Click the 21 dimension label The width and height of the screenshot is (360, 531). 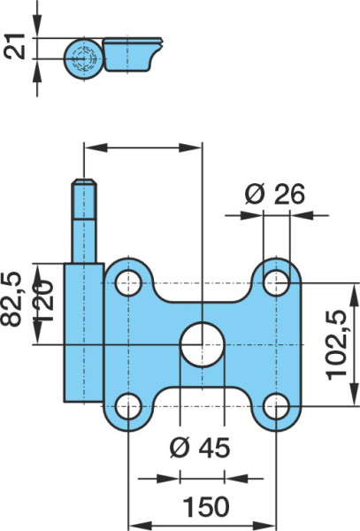click(16, 46)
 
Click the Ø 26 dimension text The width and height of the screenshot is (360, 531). click(275, 194)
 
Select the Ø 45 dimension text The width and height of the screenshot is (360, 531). click(200, 447)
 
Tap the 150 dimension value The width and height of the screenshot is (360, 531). click(206, 507)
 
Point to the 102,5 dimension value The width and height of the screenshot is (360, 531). click(336, 345)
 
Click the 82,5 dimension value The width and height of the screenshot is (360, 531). click(11, 299)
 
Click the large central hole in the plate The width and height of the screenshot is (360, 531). click(202, 345)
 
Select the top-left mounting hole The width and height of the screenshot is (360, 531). click(128, 283)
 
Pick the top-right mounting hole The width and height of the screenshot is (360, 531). click(277, 283)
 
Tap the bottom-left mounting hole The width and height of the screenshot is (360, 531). click(128, 406)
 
